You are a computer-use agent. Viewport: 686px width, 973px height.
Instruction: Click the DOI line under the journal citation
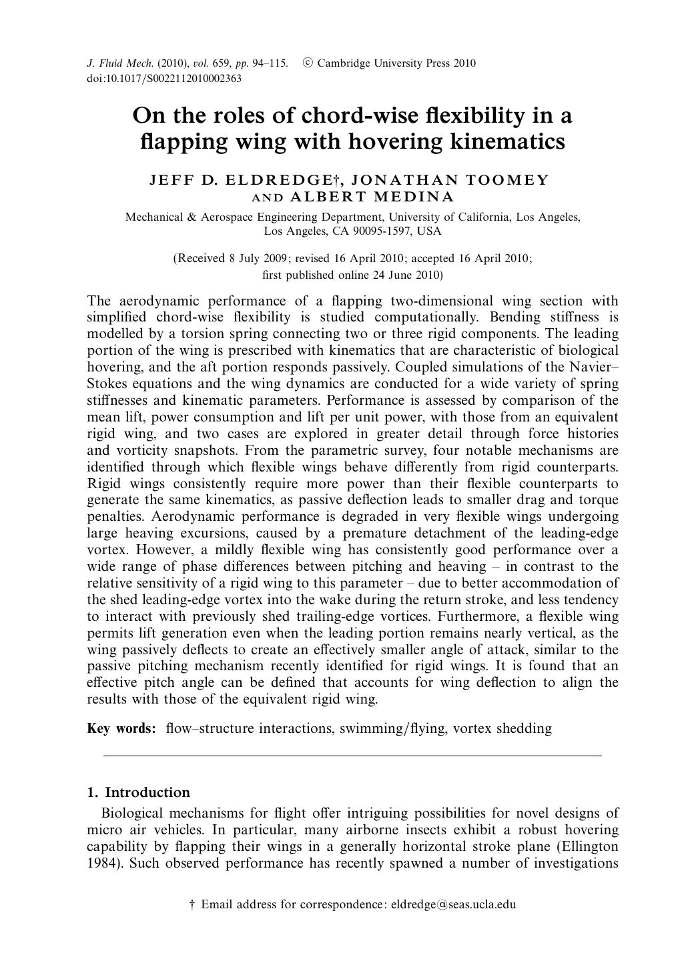coord(164,79)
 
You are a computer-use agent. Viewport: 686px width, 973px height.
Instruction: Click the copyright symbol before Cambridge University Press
coord(307,63)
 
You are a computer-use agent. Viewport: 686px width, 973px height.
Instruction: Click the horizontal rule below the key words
coord(352,756)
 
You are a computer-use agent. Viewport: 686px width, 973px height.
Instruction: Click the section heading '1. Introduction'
coord(138,792)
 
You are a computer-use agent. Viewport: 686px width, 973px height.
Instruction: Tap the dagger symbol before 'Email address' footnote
coord(192,905)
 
